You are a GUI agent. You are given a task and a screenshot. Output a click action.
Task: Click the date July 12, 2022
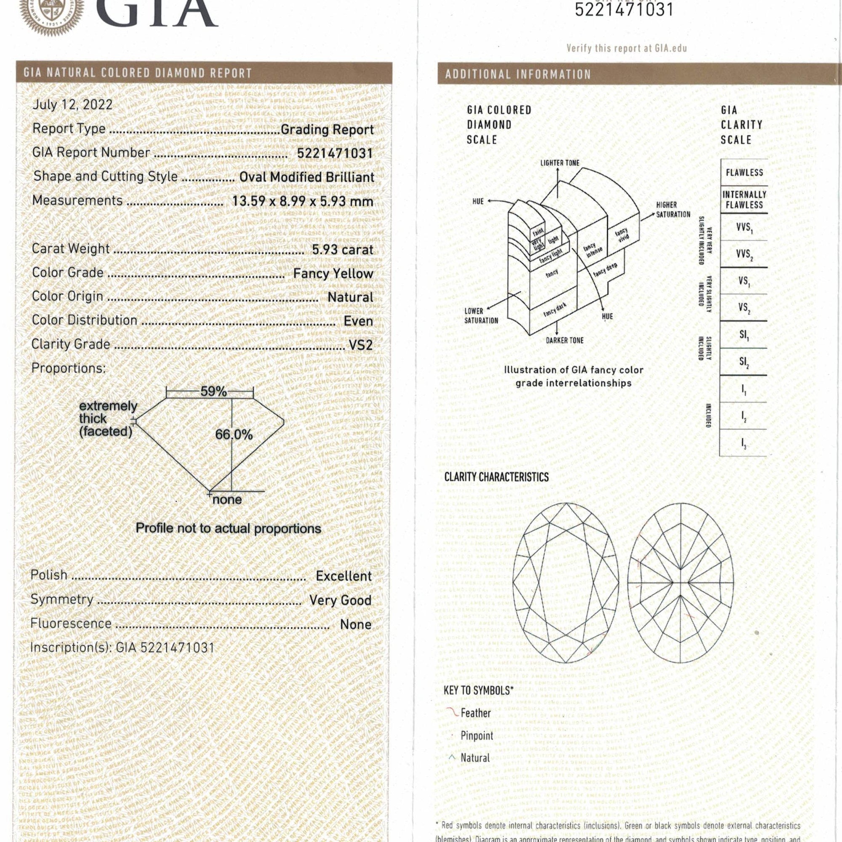click(72, 104)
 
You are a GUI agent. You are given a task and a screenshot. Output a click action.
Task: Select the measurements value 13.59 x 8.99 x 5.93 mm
click(302, 201)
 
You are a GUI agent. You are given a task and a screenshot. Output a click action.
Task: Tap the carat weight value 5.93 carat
click(343, 250)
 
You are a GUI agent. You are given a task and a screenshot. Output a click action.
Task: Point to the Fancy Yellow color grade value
click(333, 274)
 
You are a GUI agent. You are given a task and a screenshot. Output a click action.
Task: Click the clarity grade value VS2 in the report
click(360, 345)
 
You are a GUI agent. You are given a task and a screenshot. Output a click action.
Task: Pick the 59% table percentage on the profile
click(213, 392)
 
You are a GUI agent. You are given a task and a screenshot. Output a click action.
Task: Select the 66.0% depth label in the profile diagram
click(234, 434)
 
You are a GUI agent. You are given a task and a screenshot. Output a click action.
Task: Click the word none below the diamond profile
click(226, 499)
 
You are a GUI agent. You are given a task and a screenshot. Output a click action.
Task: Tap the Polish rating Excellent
click(344, 576)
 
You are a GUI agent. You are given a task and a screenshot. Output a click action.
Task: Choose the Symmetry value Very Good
click(340, 600)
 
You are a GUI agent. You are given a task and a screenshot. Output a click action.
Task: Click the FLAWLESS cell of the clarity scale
click(744, 173)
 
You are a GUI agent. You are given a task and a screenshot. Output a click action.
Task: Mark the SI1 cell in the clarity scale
click(743, 335)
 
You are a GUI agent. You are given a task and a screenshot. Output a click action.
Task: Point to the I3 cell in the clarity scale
click(743, 443)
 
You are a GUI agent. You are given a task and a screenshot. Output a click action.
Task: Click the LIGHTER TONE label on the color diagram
click(560, 163)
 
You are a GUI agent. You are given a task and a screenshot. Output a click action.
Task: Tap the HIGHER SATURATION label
click(673, 210)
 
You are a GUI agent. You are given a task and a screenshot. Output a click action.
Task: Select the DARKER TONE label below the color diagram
click(565, 340)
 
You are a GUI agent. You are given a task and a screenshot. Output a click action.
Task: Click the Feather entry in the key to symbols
click(475, 714)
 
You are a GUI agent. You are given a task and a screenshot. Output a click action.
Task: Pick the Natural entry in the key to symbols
click(474, 758)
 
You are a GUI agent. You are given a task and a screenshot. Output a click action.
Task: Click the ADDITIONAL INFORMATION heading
click(517, 75)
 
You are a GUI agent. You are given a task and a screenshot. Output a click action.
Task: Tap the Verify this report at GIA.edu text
click(626, 48)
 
